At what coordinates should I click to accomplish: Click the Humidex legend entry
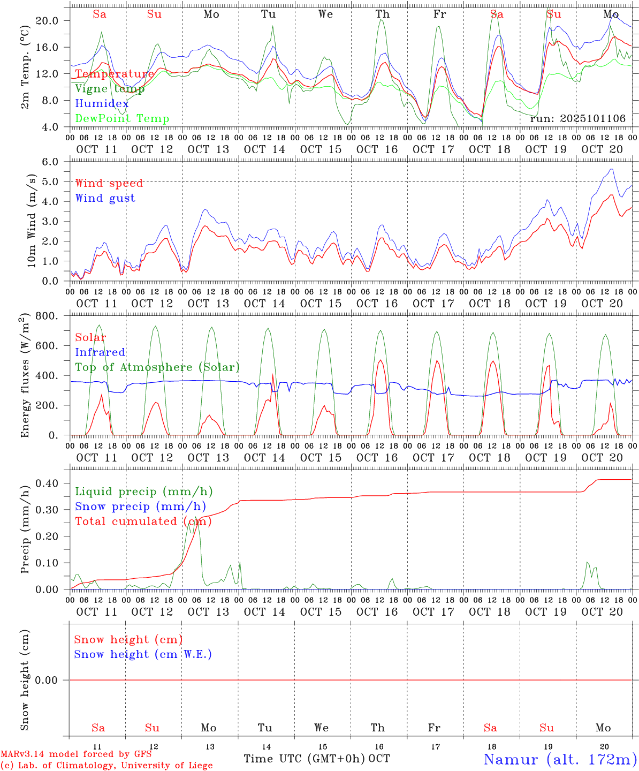(x=102, y=104)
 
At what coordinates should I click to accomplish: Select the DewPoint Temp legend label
(x=122, y=119)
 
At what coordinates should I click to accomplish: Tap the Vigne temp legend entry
(x=109, y=89)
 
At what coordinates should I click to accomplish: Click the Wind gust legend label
(x=105, y=198)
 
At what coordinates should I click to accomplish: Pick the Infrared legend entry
(x=100, y=352)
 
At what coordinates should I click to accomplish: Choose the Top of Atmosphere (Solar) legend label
(x=157, y=367)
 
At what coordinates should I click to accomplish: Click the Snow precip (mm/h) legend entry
(x=140, y=507)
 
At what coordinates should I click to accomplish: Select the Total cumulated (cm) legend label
(x=143, y=521)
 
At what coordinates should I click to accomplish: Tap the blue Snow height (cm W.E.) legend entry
(x=142, y=654)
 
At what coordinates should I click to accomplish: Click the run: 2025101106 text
(x=577, y=119)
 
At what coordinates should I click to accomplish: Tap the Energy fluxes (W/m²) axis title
(x=25, y=376)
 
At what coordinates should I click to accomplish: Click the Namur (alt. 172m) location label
(x=560, y=759)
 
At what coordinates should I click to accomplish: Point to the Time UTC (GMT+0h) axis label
(x=305, y=759)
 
